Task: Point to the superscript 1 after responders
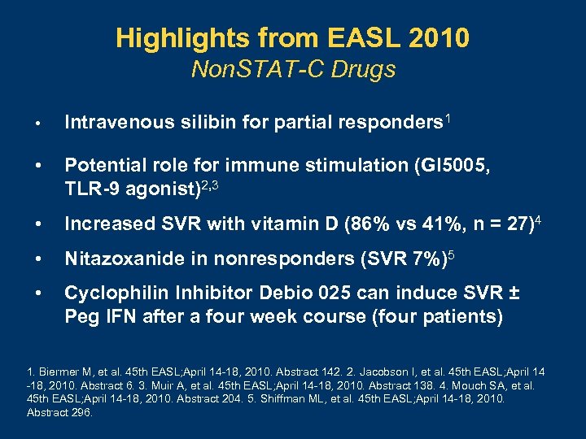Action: click(448, 118)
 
